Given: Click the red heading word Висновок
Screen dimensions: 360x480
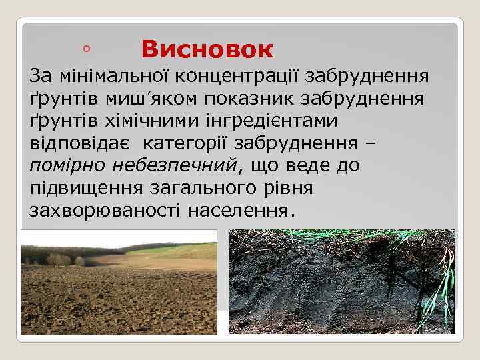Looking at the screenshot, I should pos(207,49).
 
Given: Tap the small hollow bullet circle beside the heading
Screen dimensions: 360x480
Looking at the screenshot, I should pos(87,49).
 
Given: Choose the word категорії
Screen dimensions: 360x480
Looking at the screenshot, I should pos(184,143).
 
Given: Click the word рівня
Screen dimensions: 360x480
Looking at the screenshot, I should pos(286,189).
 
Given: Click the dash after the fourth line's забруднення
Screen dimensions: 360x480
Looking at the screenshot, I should pos(371,143).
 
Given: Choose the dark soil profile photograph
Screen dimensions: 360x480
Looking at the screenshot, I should pos(341,281).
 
